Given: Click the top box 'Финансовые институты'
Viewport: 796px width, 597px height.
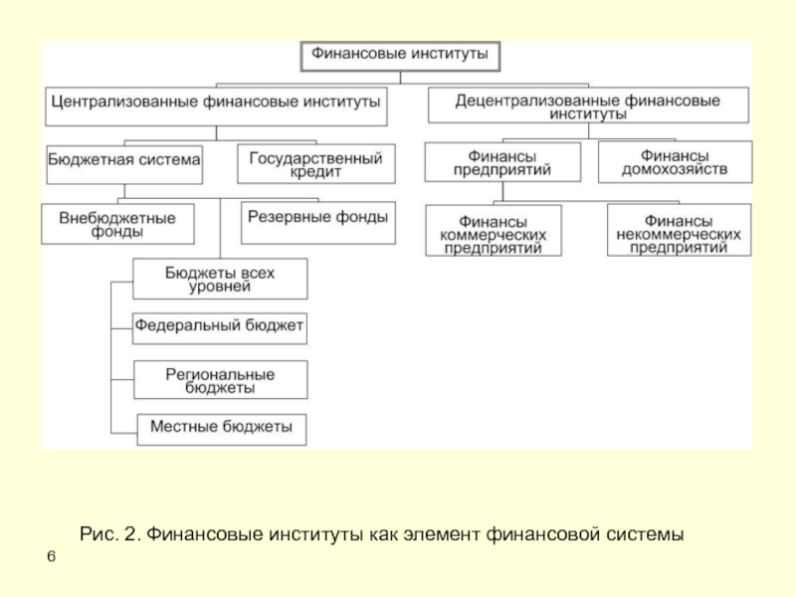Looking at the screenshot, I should [x=400, y=56].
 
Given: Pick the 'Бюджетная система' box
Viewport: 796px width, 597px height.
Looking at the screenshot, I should [x=123, y=164].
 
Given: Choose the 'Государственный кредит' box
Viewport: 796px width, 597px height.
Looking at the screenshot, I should [x=315, y=164].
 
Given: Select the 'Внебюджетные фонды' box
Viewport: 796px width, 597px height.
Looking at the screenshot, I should [x=116, y=224].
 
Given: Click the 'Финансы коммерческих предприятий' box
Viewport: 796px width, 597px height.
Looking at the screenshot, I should [x=493, y=232].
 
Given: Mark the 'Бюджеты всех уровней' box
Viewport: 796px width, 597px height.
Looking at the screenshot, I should [x=220, y=279].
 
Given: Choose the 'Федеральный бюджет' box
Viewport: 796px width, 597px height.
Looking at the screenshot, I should [x=220, y=327].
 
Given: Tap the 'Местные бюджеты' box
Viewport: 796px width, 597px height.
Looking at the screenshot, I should [x=221, y=429].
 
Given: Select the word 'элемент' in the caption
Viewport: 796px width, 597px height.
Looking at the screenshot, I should [x=444, y=535].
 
